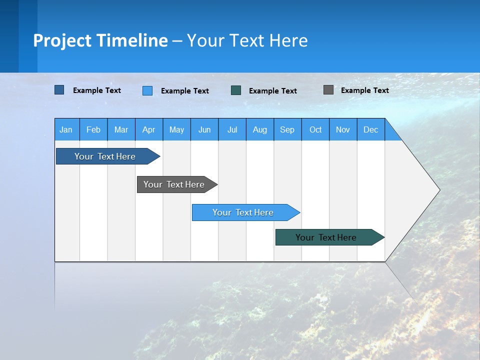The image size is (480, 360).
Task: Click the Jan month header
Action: pyautogui.click(x=66, y=129)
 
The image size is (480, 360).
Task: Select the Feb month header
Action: pyautogui.click(x=93, y=129)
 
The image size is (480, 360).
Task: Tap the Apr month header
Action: pyautogui.click(x=149, y=129)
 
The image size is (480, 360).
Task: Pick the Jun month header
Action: pyautogui.click(x=204, y=129)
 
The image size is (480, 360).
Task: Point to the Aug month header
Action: pyautogui.click(x=260, y=129)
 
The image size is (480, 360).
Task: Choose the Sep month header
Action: pyautogui.click(x=287, y=129)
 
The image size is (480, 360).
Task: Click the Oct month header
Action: pyautogui.click(x=315, y=129)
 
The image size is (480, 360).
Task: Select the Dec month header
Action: pyautogui.click(x=371, y=129)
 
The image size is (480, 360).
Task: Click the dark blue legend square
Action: pyautogui.click(x=59, y=90)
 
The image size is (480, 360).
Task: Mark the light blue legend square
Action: pyautogui.click(x=147, y=90)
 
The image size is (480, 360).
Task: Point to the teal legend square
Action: pyautogui.click(x=236, y=90)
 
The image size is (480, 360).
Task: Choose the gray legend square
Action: pyautogui.click(x=328, y=90)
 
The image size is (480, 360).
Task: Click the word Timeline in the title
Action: pyautogui.click(x=132, y=40)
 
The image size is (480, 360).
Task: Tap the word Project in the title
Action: pyautogui.click(x=62, y=40)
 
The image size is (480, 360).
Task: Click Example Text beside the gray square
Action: pyautogui.click(x=364, y=90)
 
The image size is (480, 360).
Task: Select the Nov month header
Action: pyautogui.click(x=343, y=129)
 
